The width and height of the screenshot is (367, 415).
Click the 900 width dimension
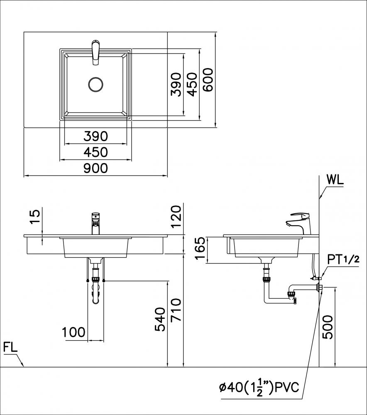(95, 168)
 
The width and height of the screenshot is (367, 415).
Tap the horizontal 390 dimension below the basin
(95, 136)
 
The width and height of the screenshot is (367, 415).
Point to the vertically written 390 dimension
(176, 84)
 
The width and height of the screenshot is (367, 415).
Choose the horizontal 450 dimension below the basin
(95, 152)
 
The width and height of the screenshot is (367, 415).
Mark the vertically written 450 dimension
(192, 84)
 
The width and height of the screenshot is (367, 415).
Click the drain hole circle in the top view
(96, 84)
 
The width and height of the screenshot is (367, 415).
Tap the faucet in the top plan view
(96, 52)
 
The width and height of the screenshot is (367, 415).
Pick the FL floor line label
(10, 347)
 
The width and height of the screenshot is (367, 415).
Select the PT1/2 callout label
(343, 259)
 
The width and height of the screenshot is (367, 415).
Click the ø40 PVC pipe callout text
(259, 388)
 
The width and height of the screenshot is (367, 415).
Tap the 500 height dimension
(328, 327)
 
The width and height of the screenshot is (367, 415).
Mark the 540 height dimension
(160, 320)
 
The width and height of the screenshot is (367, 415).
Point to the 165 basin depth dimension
(200, 250)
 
